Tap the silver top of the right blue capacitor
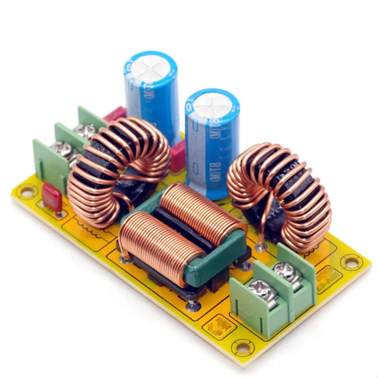(x=212, y=103)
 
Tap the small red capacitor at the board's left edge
(x=52, y=198)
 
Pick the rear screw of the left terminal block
(x=85, y=131)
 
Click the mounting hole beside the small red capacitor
(x=27, y=191)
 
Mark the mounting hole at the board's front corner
(x=243, y=349)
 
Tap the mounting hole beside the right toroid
(x=351, y=261)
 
